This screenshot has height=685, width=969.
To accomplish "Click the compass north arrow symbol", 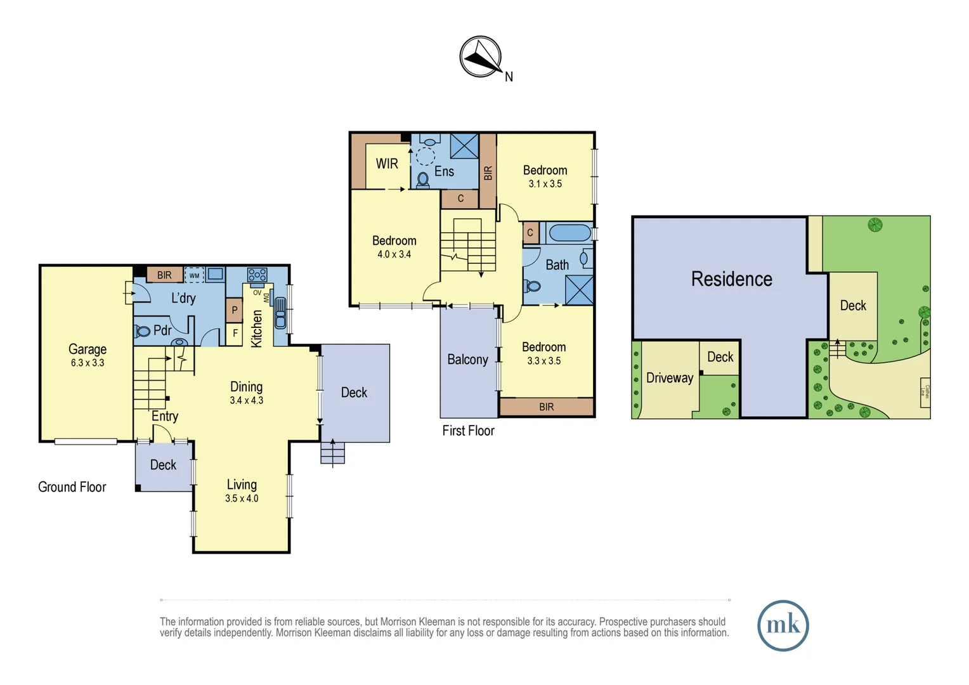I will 481,57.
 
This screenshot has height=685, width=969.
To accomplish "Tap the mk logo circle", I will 783,625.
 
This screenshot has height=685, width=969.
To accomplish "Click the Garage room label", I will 88,349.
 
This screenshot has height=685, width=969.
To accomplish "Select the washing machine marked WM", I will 194,275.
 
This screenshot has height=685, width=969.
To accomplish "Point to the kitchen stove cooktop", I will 257,275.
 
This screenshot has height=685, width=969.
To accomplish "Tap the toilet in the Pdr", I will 142,331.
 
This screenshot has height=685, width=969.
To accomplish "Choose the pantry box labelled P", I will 235,310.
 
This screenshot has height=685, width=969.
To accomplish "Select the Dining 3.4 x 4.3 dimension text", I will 246,401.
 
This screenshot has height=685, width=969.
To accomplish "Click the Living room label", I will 242,485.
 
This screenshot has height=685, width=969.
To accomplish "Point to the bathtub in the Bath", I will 569,233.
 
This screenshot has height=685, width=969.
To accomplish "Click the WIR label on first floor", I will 387,164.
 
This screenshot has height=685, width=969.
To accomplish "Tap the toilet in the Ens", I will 423,180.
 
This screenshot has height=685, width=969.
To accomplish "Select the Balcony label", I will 467,360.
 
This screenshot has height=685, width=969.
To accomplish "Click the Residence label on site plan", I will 731,279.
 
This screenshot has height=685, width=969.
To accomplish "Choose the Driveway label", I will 669,378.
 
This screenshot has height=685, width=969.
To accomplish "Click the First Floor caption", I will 468,431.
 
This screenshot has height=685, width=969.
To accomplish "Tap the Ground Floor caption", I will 72,487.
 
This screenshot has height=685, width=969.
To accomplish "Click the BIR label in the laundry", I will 164,275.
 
